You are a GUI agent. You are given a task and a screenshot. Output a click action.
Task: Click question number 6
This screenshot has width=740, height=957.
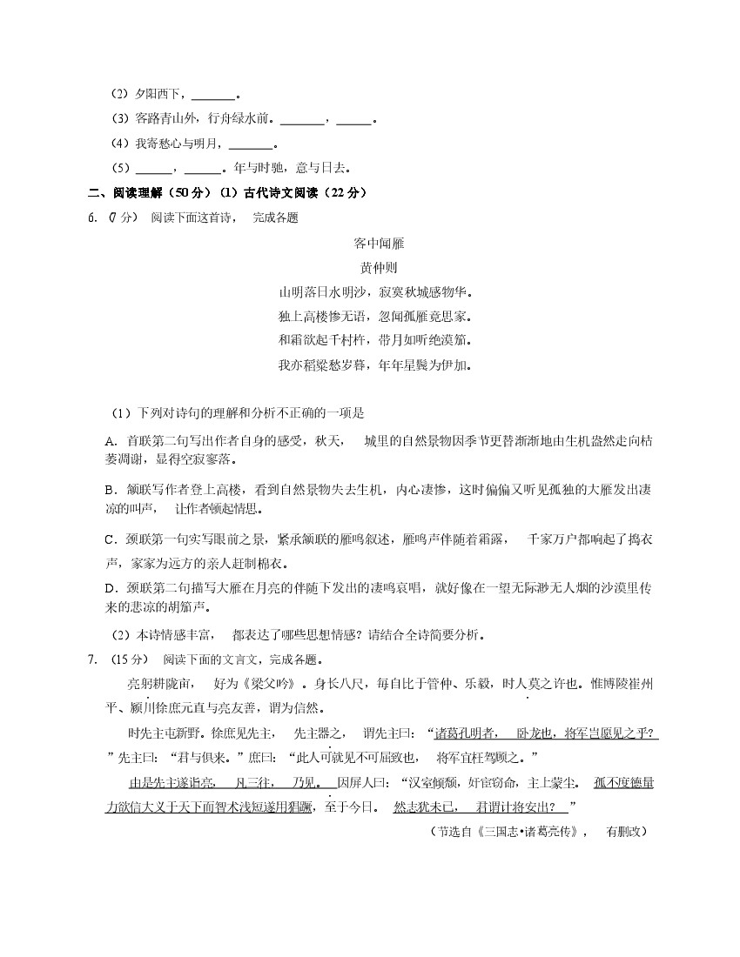[x=92, y=217]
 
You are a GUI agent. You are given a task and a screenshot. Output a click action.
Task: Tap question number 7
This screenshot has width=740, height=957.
[x=92, y=659]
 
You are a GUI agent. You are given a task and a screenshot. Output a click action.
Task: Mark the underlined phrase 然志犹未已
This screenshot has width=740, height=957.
[x=422, y=806]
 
